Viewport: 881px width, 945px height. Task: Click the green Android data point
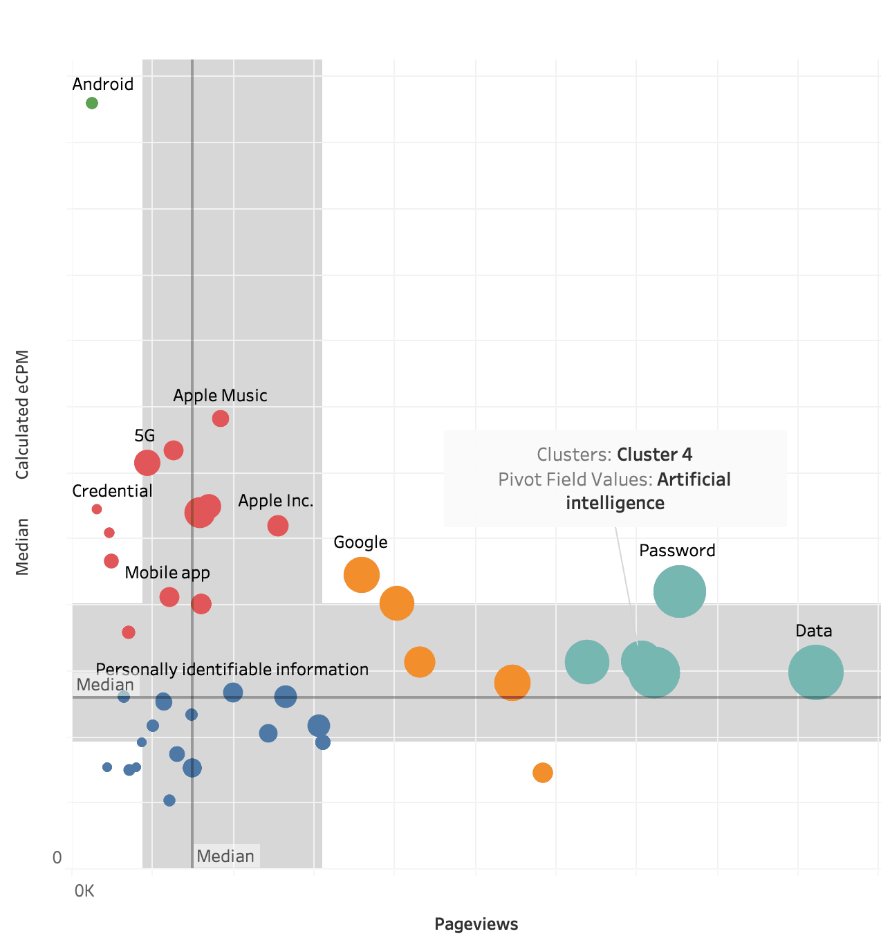[x=92, y=103]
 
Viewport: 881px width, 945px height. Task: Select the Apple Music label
[x=220, y=396]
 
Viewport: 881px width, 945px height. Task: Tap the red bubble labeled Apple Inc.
[x=277, y=526]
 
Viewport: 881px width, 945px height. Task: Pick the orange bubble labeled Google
[x=361, y=574]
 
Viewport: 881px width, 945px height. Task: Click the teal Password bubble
[x=679, y=591]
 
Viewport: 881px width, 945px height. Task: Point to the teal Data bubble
[x=815, y=672]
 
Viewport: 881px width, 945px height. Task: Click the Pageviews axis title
[x=476, y=924]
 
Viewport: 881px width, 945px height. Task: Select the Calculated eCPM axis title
[x=23, y=414]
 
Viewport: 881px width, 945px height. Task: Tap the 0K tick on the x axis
[x=84, y=891]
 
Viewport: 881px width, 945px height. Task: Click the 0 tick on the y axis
[x=57, y=858]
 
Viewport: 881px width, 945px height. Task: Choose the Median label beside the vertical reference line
[x=225, y=856]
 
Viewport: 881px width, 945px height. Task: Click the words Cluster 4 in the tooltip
[x=654, y=455]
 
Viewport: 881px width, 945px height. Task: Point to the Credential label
[x=112, y=491]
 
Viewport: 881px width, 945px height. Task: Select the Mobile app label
[x=167, y=573]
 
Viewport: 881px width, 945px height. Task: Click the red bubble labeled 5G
[x=147, y=462]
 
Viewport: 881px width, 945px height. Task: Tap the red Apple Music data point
[x=220, y=419]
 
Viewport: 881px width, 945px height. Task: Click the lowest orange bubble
[x=542, y=772]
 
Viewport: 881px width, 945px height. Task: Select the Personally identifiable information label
[x=232, y=670]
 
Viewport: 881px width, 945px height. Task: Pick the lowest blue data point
[x=169, y=800]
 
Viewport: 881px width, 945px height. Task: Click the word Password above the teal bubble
[x=677, y=551]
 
